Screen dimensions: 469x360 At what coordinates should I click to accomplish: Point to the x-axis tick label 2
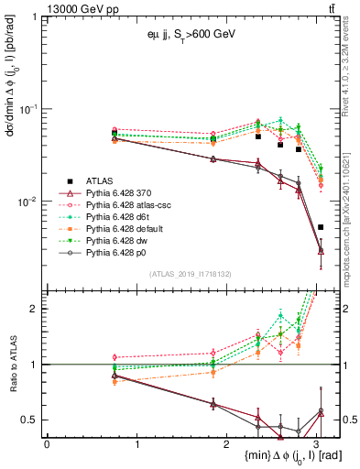pyautogui.click(x=226, y=443)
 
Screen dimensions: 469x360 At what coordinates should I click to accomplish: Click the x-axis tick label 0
pyautogui.click(x=47, y=443)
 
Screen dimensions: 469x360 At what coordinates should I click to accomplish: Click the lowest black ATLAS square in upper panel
pyautogui.click(x=320, y=227)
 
